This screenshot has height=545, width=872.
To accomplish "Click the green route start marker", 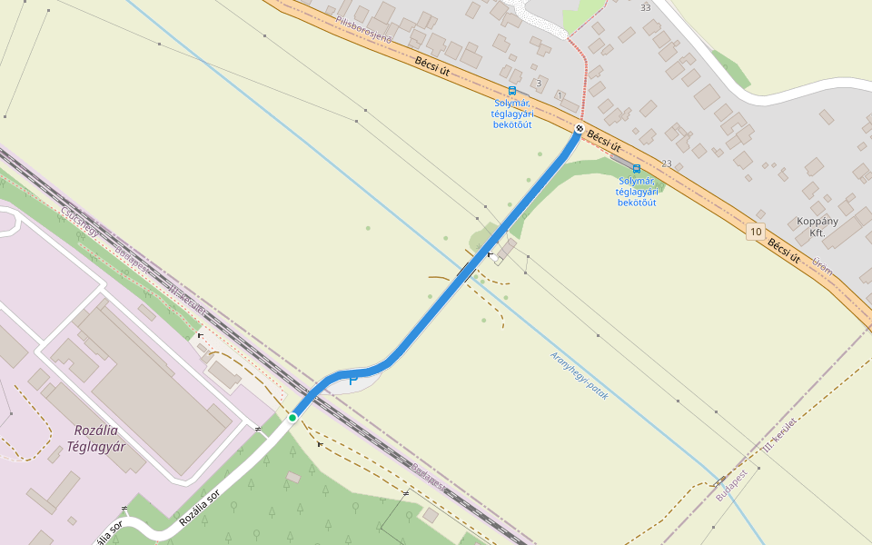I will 292,417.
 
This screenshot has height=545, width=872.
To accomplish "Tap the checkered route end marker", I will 580,128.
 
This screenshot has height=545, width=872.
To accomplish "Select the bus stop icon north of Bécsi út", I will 512,91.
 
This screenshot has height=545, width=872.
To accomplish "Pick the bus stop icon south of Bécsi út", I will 636,169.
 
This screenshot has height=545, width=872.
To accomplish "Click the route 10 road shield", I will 756,232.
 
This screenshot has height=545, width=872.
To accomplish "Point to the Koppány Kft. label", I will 817,227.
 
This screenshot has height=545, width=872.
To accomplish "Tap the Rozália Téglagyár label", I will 95,438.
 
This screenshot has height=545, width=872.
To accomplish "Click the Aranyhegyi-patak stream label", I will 579,375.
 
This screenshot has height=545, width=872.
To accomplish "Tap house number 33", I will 646,7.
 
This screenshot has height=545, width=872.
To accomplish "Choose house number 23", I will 667,163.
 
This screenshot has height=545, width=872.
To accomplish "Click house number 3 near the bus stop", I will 539,83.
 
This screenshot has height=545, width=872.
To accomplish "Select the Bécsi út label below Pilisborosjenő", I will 431,67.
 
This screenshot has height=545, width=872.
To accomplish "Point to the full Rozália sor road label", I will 200,507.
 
